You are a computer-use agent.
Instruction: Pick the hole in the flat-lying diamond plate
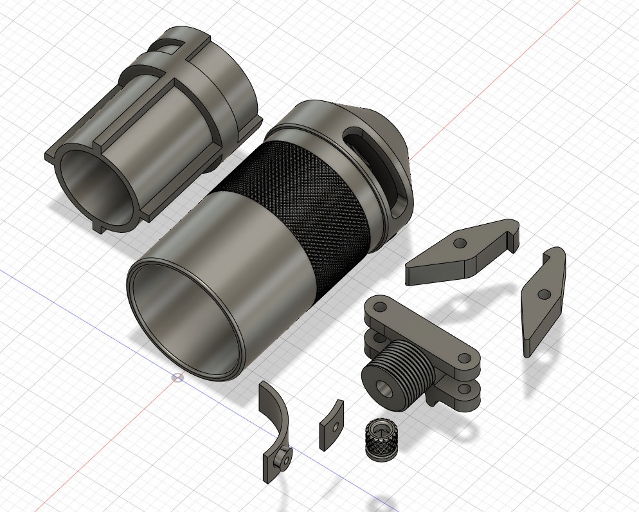point(460,244)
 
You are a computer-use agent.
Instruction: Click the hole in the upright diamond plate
point(544,295)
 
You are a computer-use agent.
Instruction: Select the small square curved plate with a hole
point(331,425)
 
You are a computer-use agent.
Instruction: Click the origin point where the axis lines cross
point(178,376)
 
